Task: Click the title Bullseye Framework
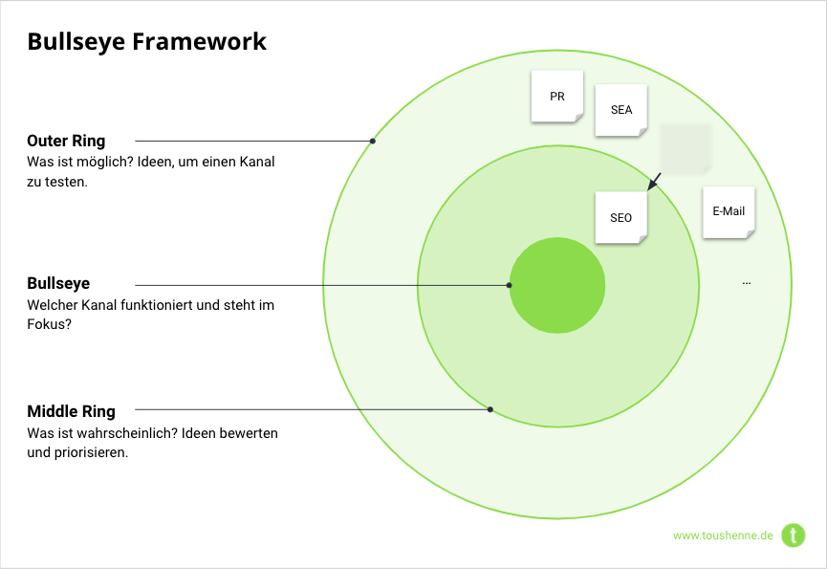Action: pos(146,42)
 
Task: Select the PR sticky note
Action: pos(556,97)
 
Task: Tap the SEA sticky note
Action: pos(620,109)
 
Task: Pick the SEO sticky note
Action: pos(620,217)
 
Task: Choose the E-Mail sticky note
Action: pos(729,211)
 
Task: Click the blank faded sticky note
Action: pos(686,147)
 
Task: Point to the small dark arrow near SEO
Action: pos(654,182)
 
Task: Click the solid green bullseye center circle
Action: pos(556,285)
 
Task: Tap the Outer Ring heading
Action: pos(66,141)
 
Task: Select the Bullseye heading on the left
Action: pos(58,284)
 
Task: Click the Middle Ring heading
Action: pos(71,411)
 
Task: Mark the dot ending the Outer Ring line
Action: pos(372,142)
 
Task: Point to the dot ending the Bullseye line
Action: pos(509,285)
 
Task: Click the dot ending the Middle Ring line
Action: pos(490,409)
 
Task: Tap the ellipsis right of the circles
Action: pos(746,282)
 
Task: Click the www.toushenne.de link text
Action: pos(722,536)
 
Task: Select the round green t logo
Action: pos(794,535)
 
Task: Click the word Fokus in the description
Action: pos(45,324)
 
